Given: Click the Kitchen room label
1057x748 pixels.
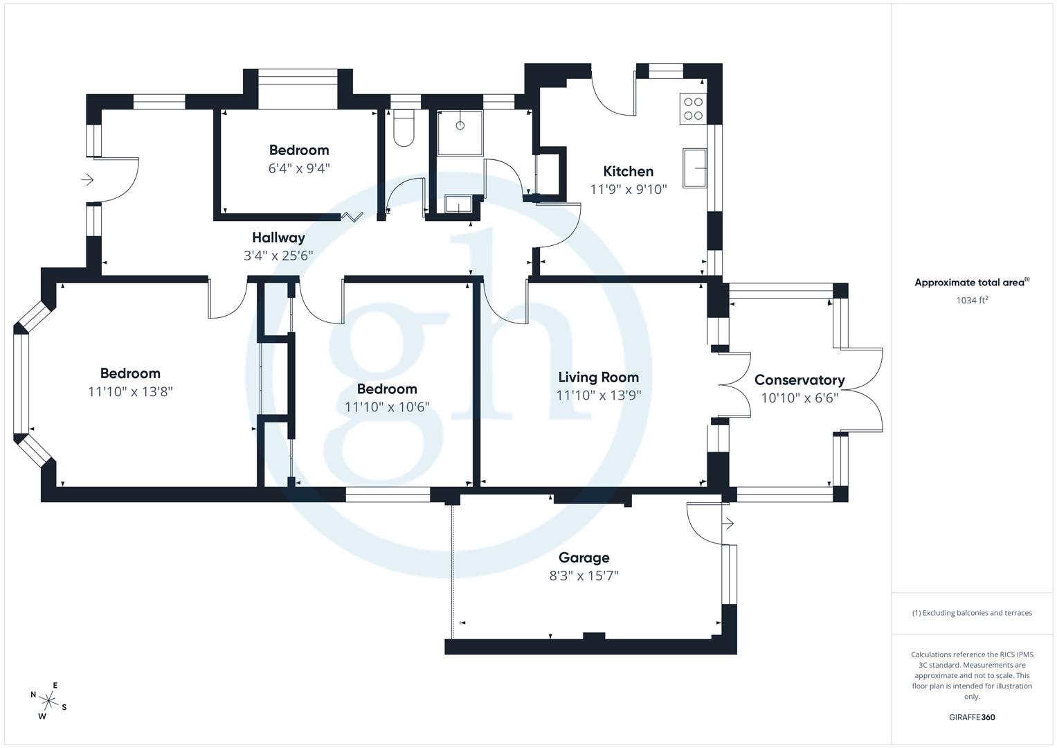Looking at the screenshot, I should click(628, 171).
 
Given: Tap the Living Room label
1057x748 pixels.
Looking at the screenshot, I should click(598, 377).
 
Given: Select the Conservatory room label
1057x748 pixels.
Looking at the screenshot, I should click(799, 380).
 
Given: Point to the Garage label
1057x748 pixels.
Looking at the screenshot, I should click(584, 558).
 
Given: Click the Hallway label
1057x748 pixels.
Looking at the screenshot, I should click(278, 238).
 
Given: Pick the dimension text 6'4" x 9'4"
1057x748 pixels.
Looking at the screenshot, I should click(299, 168).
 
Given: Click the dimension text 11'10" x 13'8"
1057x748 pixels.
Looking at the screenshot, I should click(130, 392).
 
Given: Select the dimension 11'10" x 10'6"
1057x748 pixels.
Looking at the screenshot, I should click(387, 407).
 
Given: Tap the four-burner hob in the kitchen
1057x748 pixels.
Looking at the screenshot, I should click(693, 108).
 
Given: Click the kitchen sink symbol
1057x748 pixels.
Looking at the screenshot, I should click(695, 168).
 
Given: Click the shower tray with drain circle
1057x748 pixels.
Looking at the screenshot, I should click(460, 132).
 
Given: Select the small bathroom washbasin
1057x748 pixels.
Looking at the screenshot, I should click(458, 204).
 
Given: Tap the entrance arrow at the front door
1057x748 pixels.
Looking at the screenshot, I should click(87, 180).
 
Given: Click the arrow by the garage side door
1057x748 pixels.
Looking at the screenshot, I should click(727, 524).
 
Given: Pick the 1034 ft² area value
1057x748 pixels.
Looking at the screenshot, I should click(972, 301).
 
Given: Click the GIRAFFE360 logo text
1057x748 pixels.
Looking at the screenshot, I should click(972, 718).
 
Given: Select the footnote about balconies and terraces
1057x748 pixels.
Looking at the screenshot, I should click(972, 613).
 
